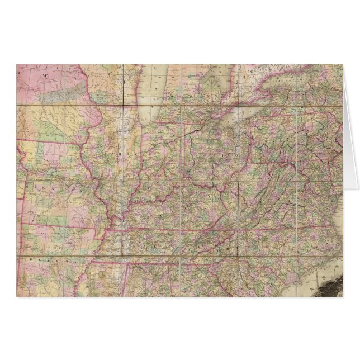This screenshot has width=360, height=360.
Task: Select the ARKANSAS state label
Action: click(42, 260)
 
